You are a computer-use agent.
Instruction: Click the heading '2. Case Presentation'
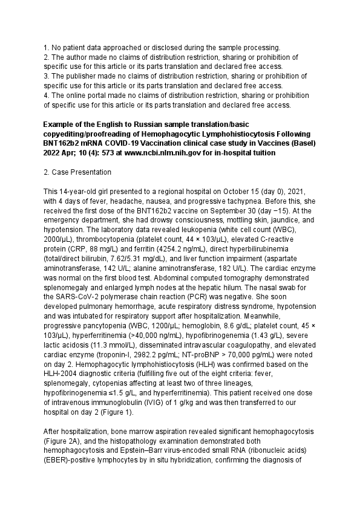pos(77,172)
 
